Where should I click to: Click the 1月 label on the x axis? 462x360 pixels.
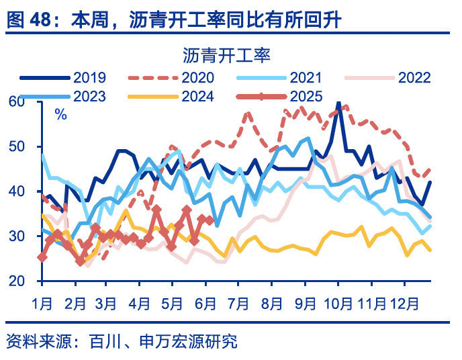click(42, 302)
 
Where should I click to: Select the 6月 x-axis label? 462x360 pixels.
click(205, 302)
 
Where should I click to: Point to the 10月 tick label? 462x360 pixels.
click(338, 302)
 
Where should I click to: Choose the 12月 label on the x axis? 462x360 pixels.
click(404, 302)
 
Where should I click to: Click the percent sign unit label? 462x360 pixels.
click(60, 114)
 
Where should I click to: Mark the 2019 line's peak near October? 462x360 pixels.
click(339, 104)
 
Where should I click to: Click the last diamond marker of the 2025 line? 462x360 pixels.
click(210, 220)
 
